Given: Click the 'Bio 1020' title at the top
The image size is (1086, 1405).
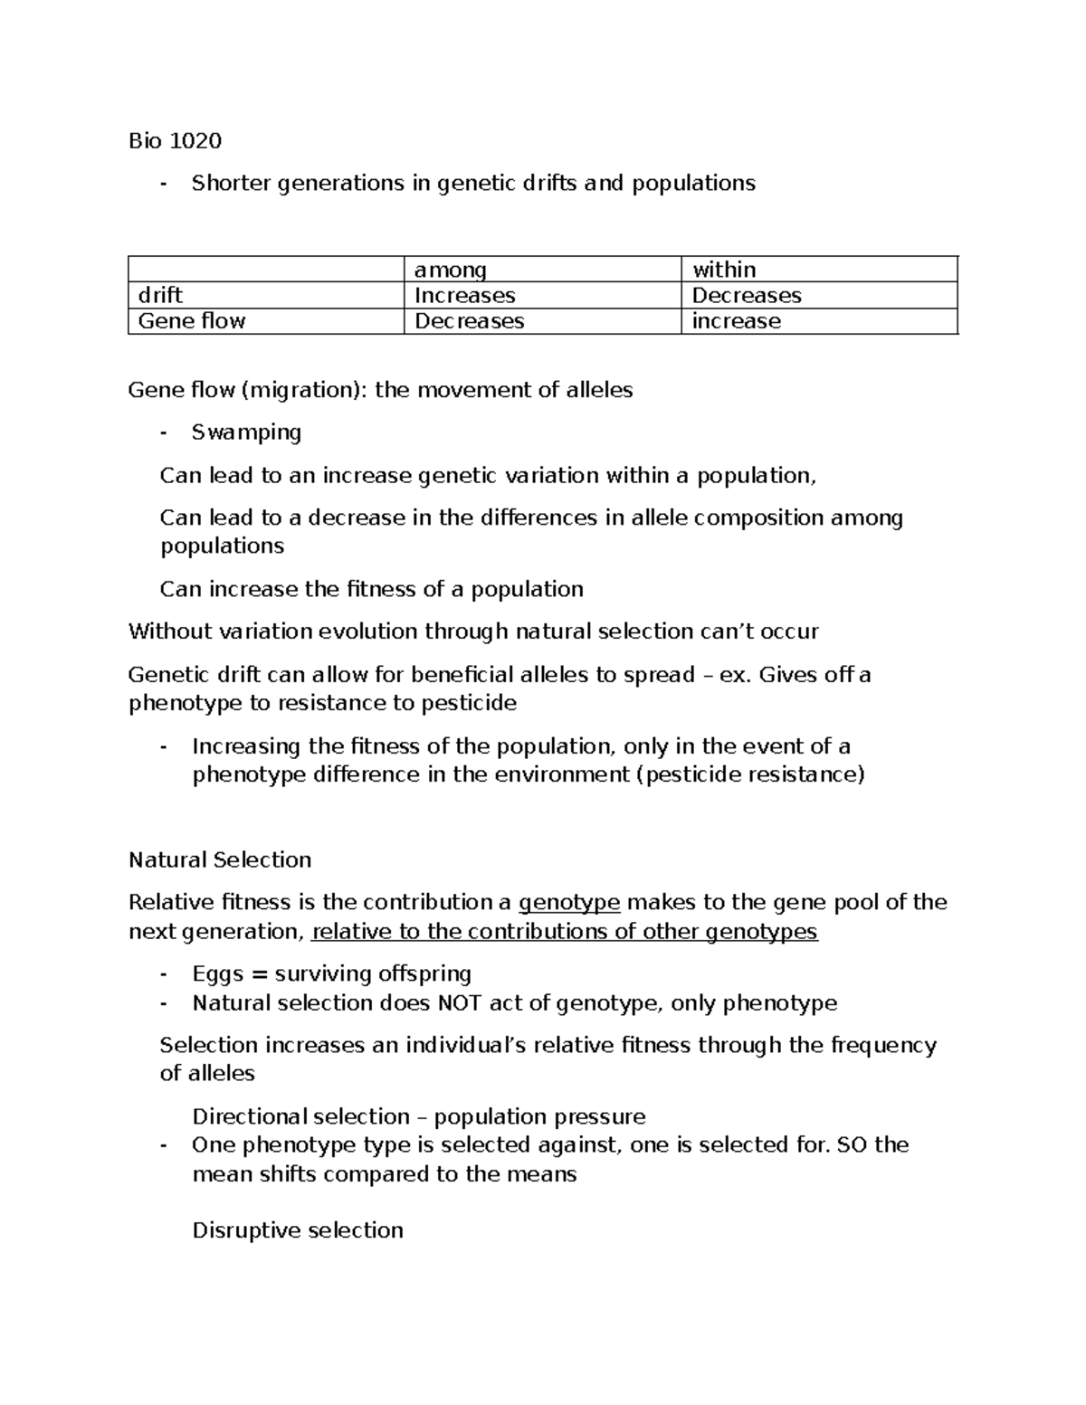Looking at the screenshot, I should pos(175,140).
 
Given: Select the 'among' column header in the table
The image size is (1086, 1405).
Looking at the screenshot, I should pos(450,270).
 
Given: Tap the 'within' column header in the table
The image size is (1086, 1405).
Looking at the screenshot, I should pos(724,270).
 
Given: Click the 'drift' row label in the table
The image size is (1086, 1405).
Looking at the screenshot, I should pos(160,296).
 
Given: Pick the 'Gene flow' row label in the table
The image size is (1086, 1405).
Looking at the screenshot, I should pos(192,321).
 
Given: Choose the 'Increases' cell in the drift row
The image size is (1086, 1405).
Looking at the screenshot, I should pos(464,296).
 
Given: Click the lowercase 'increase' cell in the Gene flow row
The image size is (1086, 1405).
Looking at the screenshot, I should pos(736,321).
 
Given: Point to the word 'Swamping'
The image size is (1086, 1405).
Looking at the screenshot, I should pos(246,432).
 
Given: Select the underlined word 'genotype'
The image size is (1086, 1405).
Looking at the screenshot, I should pos(569,903).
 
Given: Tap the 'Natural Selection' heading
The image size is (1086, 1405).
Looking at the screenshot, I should pos(220,859).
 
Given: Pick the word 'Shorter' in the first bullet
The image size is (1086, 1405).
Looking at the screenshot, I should pos(231,184).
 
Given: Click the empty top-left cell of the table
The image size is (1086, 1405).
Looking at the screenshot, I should pos(266,270).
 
